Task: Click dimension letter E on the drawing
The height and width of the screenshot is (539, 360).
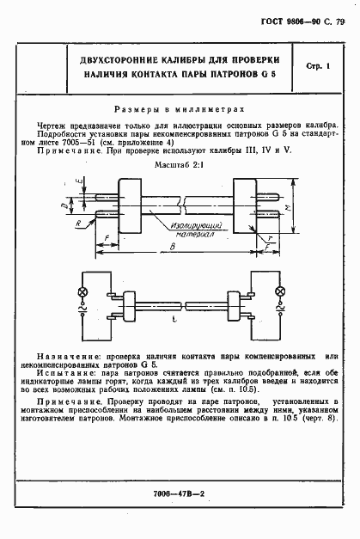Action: pos(78,181)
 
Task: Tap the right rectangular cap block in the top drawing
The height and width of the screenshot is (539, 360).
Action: pos(246,205)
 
